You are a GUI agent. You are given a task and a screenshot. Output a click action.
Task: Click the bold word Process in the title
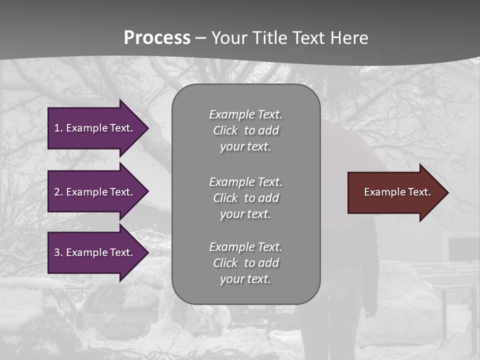pos(157,38)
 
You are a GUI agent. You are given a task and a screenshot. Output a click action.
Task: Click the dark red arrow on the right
pos(395,192)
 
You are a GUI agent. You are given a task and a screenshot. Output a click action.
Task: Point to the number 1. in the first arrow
pos(58,128)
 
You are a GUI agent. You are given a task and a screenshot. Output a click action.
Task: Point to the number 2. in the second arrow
pos(58,192)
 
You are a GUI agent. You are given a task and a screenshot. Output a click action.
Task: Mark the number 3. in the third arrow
pos(58,252)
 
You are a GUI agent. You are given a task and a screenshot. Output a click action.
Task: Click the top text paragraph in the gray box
pos(245,130)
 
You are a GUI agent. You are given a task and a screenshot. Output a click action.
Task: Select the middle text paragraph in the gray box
pos(245,198)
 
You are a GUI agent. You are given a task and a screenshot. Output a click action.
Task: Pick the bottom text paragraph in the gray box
pos(245,263)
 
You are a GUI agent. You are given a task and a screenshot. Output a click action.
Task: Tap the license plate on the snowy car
pos(120,328)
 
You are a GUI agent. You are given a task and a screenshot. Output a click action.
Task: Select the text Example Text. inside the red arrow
pos(397,192)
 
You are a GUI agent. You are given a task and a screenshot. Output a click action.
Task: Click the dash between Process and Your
pos(201,38)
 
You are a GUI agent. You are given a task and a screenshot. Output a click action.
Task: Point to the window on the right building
pos(463,248)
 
